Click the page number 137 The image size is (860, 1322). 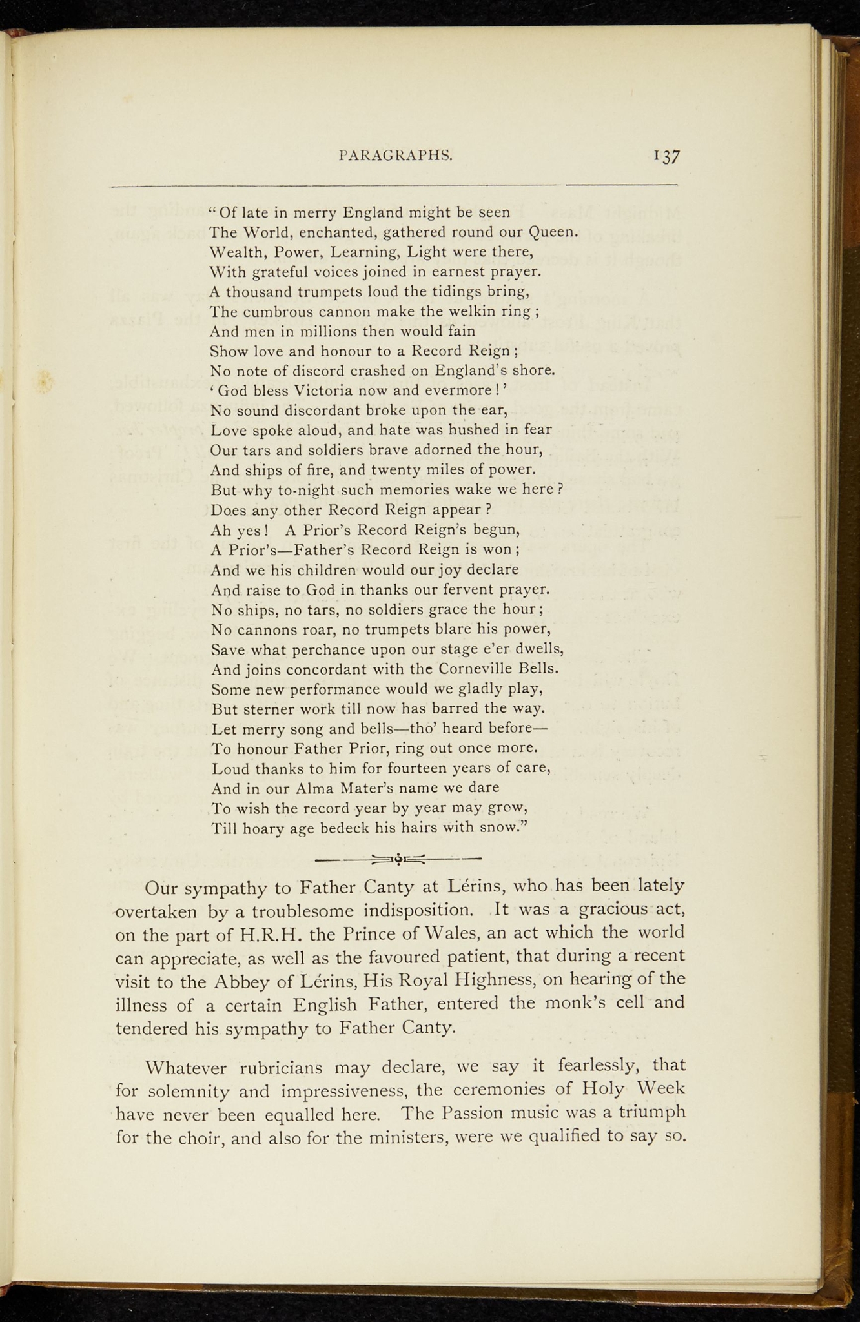[667, 156]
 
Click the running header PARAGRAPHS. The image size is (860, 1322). [395, 155]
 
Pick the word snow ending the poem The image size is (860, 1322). [504, 828]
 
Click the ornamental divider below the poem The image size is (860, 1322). [398, 859]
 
